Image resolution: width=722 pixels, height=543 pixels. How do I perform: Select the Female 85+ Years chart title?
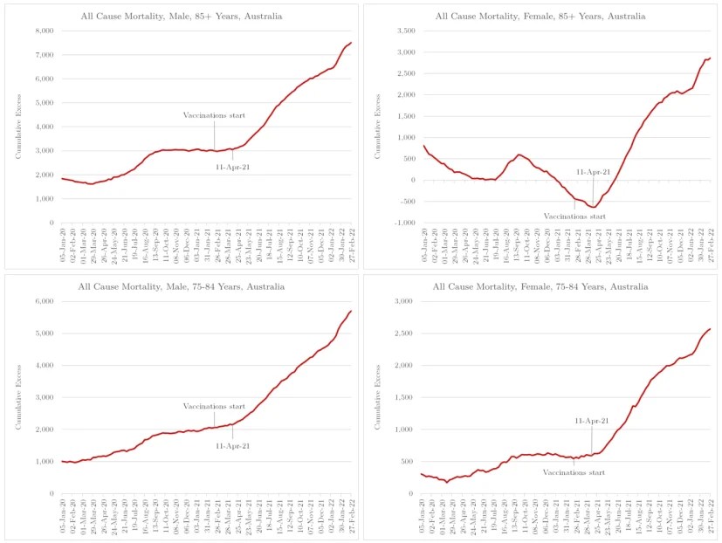[x=540, y=16]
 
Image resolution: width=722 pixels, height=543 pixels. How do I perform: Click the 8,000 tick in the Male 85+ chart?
[x=41, y=31]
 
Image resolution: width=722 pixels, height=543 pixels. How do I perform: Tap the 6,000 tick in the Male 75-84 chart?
[x=41, y=301]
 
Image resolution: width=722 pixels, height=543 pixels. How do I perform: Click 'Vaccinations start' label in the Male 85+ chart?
[x=214, y=115]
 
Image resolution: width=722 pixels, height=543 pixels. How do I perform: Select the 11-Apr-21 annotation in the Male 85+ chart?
[x=232, y=166]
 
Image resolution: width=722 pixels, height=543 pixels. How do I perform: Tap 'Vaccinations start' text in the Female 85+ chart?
[x=575, y=217]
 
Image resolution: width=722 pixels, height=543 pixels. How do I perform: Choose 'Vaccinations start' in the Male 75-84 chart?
[x=214, y=407]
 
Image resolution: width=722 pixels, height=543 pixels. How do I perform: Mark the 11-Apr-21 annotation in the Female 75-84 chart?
[x=593, y=421]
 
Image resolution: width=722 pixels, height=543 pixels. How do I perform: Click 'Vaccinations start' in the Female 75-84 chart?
[x=574, y=472]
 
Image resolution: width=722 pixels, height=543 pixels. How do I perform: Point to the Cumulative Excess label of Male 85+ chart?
[x=18, y=127]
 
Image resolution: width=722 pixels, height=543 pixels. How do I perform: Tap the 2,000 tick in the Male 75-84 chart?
[x=41, y=430]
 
